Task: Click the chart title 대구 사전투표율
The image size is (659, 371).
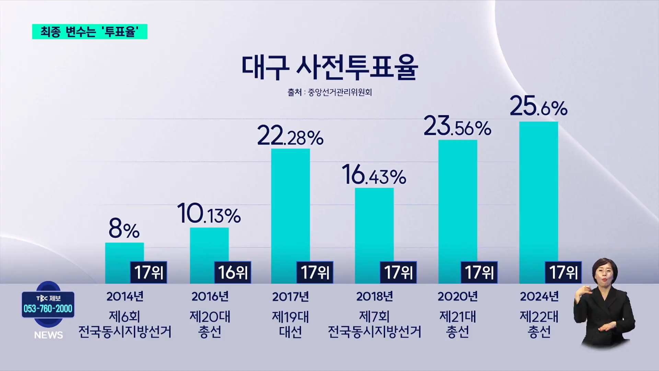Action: (x=329, y=67)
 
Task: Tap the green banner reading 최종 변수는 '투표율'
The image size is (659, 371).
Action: (x=90, y=32)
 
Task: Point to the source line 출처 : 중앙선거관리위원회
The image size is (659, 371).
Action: (x=329, y=92)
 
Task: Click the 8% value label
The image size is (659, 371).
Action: (x=124, y=229)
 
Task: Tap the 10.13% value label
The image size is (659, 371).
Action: (x=209, y=214)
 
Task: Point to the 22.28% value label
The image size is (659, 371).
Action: (x=290, y=136)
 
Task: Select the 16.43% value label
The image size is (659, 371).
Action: (x=374, y=175)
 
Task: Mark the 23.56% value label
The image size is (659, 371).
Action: (x=457, y=126)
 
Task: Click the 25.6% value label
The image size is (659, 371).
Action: (x=538, y=106)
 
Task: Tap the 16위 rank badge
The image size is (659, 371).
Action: (x=233, y=272)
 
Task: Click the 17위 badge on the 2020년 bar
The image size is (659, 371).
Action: (x=479, y=272)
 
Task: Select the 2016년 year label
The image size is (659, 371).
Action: (x=210, y=296)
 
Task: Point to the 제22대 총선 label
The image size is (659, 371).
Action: (x=539, y=324)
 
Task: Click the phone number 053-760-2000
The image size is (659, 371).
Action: (x=48, y=308)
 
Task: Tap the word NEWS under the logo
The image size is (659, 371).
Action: (x=48, y=335)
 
